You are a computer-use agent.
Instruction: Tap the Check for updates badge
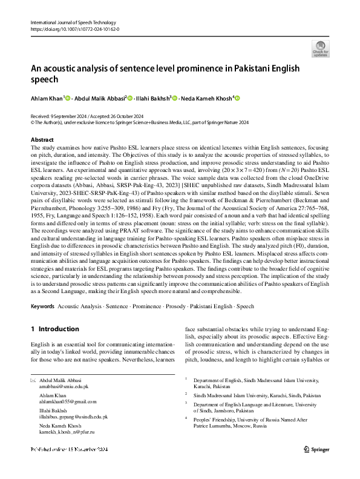tap(321, 49)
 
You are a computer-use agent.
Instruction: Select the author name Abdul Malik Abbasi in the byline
tap(100, 98)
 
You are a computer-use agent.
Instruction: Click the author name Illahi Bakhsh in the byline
tap(154, 98)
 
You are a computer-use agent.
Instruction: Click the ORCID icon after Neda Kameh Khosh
tap(238, 98)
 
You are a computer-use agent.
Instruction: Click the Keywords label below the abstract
tap(42, 307)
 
